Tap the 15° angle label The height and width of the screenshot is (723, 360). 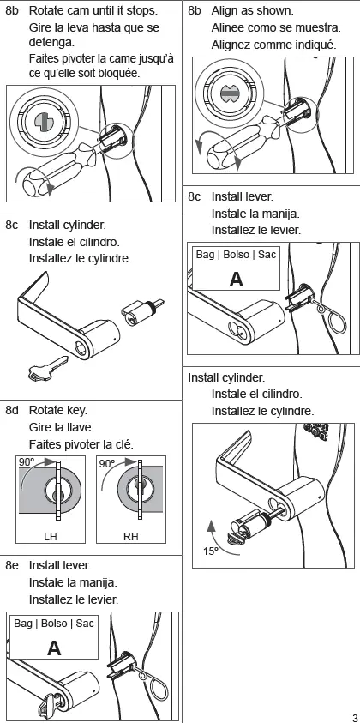coord(211,551)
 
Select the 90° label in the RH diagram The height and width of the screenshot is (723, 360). coord(107,462)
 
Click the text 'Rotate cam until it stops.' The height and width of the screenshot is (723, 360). coord(93,12)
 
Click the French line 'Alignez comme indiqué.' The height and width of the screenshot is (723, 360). coord(271,44)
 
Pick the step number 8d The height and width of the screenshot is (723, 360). coord(13,410)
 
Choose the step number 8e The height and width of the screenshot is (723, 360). coord(13,565)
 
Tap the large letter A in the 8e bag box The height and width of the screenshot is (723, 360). coord(53,648)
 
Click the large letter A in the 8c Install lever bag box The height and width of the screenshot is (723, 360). coord(236,279)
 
